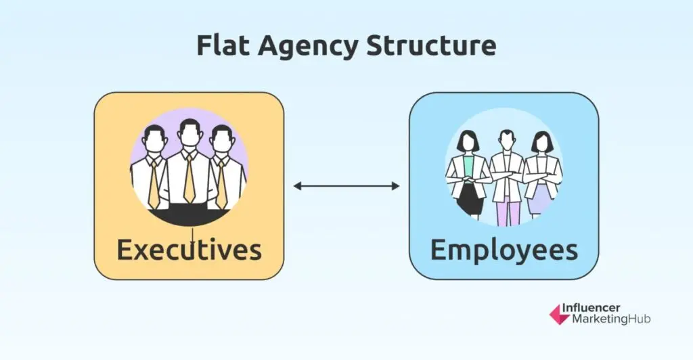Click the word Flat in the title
coord(219,45)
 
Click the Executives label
coord(189,250)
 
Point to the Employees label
coord(504,250)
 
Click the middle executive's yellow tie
coord(189,179)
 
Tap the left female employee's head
coord(468,142)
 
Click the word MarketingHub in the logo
coord(606,319)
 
